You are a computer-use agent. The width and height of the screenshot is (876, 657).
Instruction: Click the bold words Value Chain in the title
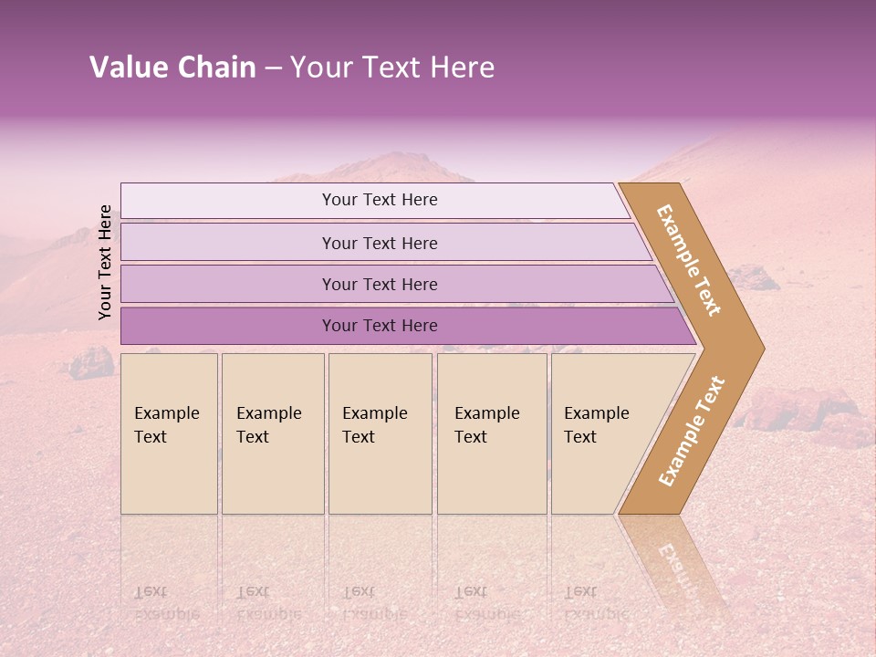172,68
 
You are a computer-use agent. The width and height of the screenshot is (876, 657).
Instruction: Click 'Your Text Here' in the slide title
392,68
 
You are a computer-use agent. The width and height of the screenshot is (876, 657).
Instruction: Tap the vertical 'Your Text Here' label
106,262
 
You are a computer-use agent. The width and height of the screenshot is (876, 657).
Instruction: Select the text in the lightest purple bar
380,200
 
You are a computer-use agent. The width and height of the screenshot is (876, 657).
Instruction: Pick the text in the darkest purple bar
380,326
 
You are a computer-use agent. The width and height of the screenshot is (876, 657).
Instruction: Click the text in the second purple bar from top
380,244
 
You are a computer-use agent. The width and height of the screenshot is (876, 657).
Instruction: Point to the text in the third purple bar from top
380,285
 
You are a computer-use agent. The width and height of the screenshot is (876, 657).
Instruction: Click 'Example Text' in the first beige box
166,425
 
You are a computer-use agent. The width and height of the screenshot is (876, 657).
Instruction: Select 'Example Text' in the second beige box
268,425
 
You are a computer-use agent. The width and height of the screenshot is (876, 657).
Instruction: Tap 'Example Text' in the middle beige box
374,425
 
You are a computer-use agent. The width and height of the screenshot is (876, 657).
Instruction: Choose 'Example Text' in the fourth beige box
486,425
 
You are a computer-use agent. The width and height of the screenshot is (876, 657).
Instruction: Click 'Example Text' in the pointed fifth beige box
596,425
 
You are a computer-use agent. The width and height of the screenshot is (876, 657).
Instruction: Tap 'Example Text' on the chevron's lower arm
692,432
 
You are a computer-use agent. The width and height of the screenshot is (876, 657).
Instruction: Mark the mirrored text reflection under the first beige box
166,603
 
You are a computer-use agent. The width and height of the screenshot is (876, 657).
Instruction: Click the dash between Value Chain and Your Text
273,68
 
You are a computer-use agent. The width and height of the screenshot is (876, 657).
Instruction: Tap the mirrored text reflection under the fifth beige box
596,603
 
